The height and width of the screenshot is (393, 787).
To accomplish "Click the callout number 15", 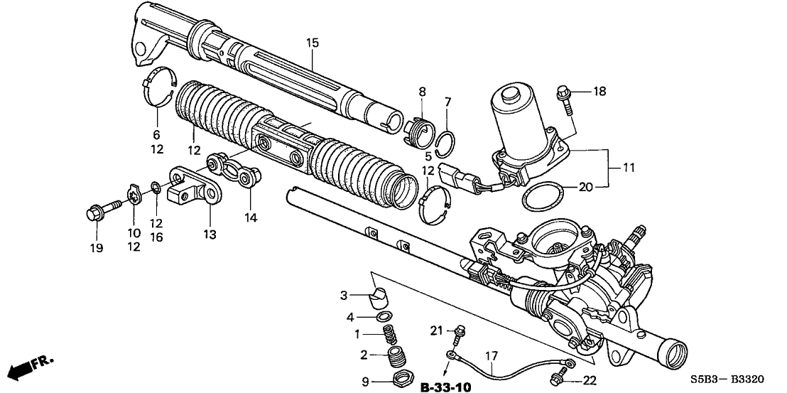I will [313, 43].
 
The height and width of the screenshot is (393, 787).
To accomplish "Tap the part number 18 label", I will [600, 92].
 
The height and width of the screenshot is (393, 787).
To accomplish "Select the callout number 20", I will [585, 187].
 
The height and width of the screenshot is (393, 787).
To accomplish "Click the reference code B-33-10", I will [445, 387].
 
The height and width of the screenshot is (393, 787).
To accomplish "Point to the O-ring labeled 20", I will [541, 195].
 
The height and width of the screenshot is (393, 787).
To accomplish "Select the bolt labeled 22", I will [563, 369].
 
